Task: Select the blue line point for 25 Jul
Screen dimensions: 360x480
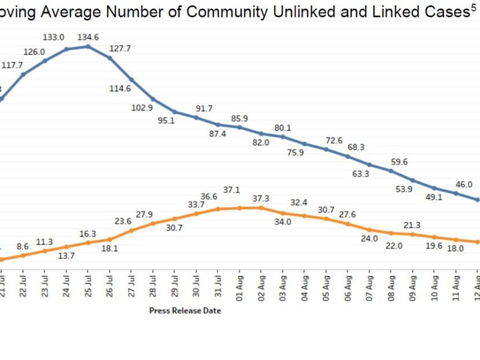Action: pyautogui.click(x=88, y=46)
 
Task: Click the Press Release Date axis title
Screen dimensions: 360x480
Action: pyautogui.click(x=185, y=311)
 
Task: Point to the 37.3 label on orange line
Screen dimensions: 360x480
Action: pyautogui.click(x=261, y=199)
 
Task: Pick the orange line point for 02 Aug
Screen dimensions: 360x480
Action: pyautogui.click(x=261, y=208)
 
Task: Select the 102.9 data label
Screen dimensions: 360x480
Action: pyautogui.click(x=142, y=108)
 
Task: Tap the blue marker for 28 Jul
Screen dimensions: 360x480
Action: pyautogui.click(x=153, y=99)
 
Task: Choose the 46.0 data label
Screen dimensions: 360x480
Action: pyautogui.click(x=464, y=185)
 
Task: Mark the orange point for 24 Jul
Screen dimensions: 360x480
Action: pyautogui.click(x=66, y=247)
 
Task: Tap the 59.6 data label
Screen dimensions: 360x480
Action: pyautogui.click(x=399, y=162)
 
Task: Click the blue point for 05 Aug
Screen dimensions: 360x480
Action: pyautogui.click(x=327, y=149)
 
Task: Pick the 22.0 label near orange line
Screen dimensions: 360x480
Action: pyautogui.click(x=394, y=245)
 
